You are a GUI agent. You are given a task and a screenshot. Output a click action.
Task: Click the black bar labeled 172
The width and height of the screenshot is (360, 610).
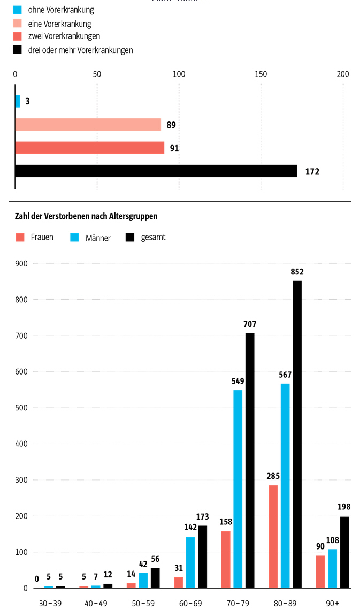156,171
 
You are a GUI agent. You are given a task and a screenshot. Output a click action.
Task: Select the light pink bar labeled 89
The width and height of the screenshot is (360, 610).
88,125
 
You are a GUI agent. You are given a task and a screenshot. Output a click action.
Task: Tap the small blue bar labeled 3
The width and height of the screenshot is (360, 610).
18,101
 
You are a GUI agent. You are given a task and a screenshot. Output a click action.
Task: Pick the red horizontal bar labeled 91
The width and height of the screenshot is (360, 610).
90,148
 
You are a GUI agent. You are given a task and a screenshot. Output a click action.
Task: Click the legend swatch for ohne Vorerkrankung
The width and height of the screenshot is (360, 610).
17,10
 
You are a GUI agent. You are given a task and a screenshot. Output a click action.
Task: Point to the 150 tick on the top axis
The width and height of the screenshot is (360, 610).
261,74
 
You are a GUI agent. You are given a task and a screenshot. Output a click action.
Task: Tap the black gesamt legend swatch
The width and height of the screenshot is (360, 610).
129,237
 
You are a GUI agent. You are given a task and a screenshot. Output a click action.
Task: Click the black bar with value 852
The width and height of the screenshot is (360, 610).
297,434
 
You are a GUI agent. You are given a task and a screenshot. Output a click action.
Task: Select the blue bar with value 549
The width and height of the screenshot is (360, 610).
238,489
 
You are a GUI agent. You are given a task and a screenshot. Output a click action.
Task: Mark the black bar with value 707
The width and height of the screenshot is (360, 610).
250,460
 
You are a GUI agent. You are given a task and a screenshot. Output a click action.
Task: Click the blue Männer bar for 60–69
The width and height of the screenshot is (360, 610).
190,562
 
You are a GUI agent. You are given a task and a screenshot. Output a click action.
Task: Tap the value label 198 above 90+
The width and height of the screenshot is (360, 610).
344,507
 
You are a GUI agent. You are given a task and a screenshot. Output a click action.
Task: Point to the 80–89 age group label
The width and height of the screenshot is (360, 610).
285,603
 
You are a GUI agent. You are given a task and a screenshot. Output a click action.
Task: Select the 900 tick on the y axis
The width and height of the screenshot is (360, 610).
21,263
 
